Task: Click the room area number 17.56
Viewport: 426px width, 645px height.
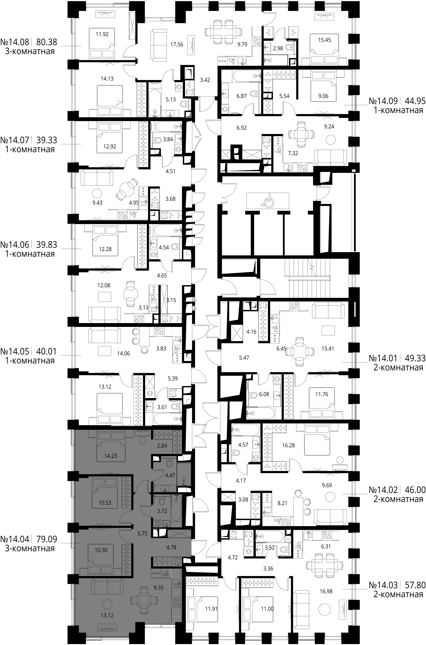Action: pos(177,44)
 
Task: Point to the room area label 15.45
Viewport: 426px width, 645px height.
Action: pos(324,40)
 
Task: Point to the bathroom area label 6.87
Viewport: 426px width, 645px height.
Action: pos(242,96)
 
